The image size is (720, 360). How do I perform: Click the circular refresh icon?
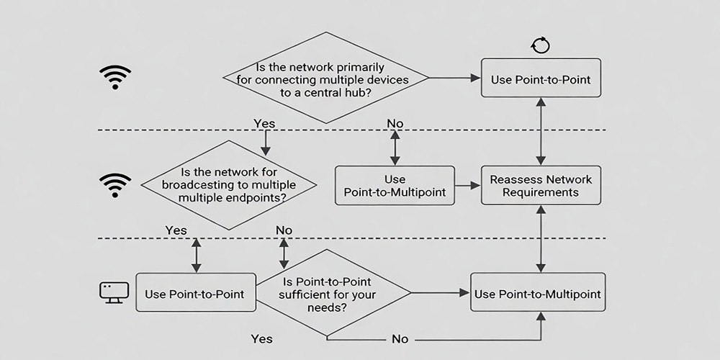pyautogui.click(x=540, y=46)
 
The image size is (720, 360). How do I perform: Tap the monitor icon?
pyautogui.click(x=113, y=292)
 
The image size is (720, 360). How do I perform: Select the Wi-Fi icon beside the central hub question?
pyautogui.click(x=115, y=76)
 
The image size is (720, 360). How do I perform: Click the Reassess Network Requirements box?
pyautogui.click(x=540, y=186)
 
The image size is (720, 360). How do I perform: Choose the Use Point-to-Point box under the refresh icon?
pyautogui.click(x=540, y=78)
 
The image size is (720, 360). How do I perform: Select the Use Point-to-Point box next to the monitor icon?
pyautogui.click(x=195, y=293)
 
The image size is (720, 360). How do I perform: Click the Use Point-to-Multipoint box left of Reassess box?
pyautogui.click(x=395, y=186)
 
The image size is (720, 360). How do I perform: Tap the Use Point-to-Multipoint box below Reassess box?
pyautogui.click(x=537, y=294)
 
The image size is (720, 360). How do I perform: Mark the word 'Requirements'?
pyautogui.click(x=540, y=193)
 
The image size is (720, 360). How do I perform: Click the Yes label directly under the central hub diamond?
pyautogui.click(x=264, y=124)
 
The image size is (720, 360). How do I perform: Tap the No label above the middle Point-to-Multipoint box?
pyautogui.click(x=395, y=124)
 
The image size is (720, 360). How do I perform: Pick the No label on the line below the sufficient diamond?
pyautogui.click(x=400, y=338)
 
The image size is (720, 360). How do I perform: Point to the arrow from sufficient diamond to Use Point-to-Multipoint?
pyautogui.click(x=439, y=293)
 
